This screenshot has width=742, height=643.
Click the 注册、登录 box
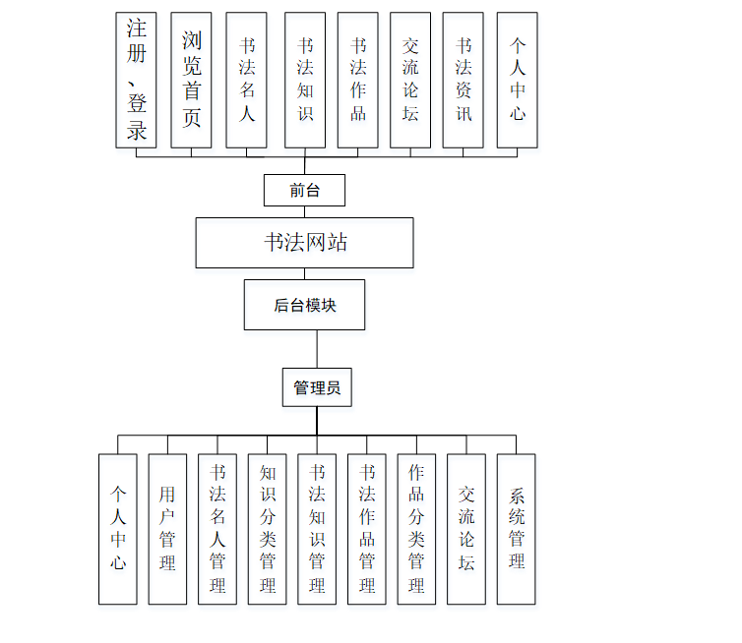[136, 80]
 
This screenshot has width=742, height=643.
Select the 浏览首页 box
[191, 80]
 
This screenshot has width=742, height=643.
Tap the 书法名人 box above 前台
[246, 80]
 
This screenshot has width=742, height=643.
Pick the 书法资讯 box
[464, 80]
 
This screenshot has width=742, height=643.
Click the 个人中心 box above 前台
[517, 80]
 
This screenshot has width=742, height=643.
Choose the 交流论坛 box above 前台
[410, 80]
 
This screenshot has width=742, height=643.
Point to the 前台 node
[304, 190]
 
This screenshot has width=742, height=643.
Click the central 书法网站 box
[304, 243]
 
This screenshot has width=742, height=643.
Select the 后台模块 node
[304, 305]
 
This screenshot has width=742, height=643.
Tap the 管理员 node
[317, 387]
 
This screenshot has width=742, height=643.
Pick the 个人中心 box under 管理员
[118, 529]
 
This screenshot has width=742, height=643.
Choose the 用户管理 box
[167, 529]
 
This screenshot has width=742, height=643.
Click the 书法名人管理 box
[217, 529]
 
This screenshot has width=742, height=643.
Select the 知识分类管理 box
[268, 529]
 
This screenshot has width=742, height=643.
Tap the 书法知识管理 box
[317, 529]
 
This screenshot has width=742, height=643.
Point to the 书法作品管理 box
[367, 529]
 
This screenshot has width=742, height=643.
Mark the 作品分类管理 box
[416, 529]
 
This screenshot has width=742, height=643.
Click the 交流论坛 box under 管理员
[466, 529]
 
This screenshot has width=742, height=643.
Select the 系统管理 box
[517, 529]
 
